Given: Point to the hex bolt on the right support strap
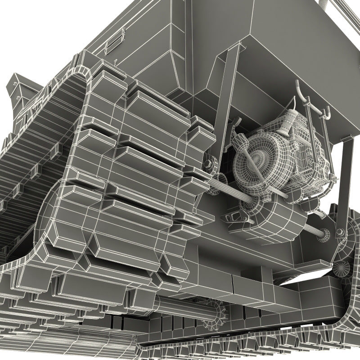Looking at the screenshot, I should pyautogui.click(x=340, y=233).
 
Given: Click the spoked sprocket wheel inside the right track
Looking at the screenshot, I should pyautogui.click(x=342, y=268).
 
